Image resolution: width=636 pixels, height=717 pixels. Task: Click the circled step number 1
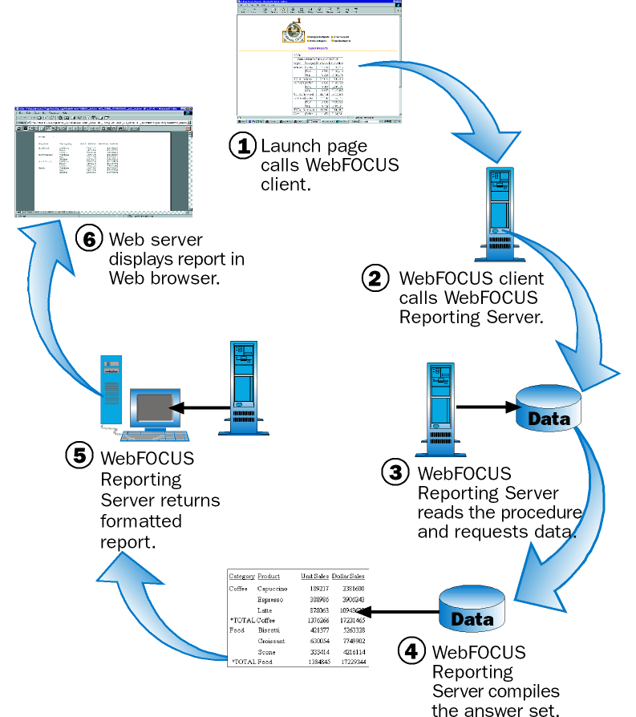click(241, 145)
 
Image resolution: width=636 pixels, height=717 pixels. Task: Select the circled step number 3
click(395, 472)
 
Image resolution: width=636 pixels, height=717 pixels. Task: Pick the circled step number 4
click(411, 650)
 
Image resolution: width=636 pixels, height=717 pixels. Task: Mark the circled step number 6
click(89, 239)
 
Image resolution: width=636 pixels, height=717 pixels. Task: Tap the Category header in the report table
click(241, 576)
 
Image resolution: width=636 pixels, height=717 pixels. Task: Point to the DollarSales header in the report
click(349, 576)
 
